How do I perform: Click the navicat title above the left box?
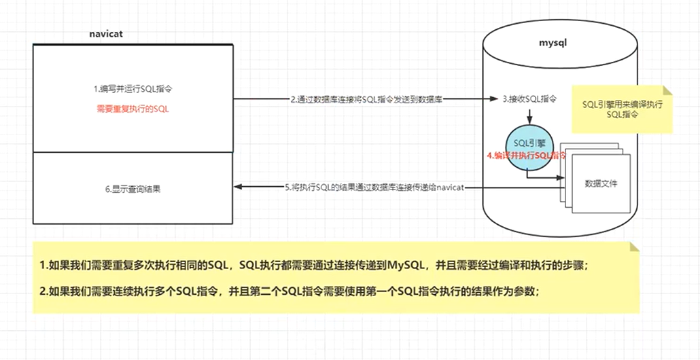tap(105, 33)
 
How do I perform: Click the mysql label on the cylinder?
tap(551, 43)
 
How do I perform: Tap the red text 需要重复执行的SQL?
tap(133, 108)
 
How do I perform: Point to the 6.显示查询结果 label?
tap(133, 190)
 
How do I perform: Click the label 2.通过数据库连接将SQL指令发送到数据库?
tap(367, 99)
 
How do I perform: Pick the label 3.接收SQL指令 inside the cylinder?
tap(529, 99)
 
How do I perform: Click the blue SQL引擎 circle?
tap(529, 144)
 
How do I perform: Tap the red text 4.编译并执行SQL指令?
tap(525, 156)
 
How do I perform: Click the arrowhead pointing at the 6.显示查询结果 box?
tap(238, 187)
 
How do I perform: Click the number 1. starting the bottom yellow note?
tap(43, 265)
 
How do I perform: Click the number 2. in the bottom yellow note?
tap(43, 292)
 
